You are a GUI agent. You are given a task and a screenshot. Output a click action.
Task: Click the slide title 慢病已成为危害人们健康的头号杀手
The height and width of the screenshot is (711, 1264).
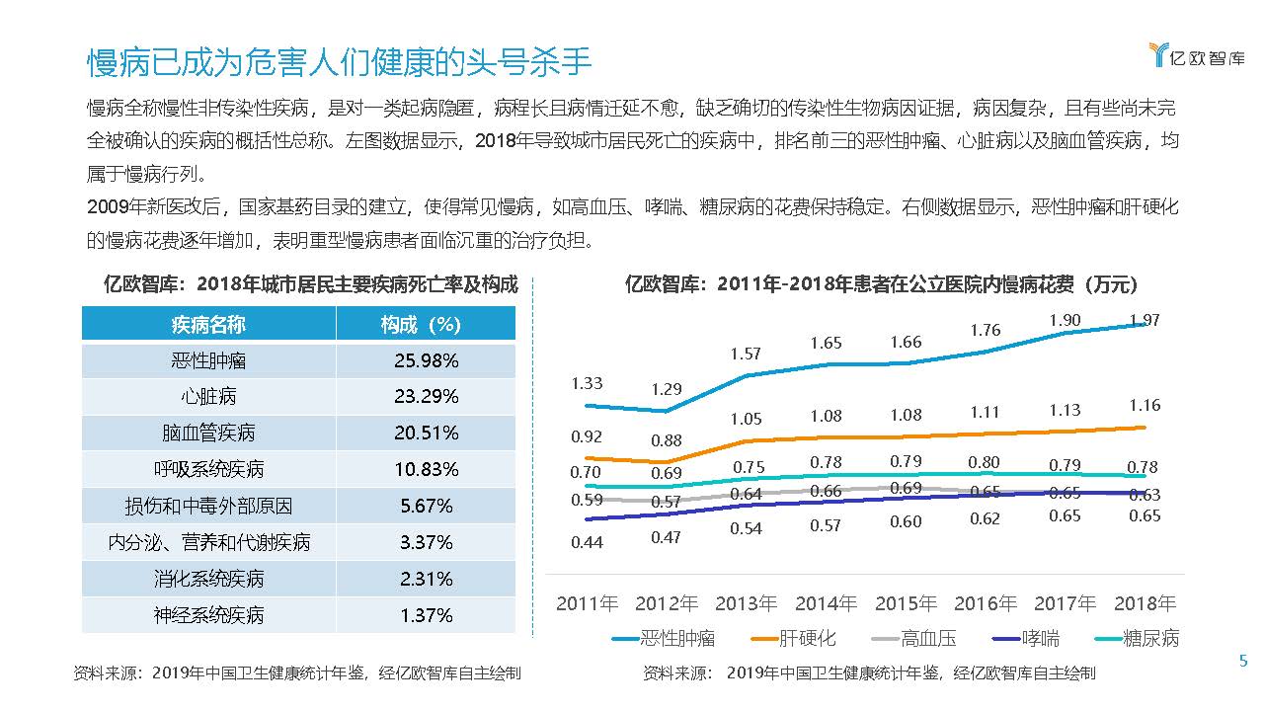(x=339, y=62)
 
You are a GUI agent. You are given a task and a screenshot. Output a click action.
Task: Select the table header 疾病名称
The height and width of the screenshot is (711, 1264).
(x=208, y=324)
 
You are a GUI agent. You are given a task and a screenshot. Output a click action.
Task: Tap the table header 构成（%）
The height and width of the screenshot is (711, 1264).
(x=426, y=324)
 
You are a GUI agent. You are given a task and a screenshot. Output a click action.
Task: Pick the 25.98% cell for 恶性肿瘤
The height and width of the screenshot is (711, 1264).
(x=426, y=360)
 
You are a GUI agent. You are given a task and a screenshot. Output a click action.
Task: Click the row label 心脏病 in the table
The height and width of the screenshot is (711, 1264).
(x=208, y=397)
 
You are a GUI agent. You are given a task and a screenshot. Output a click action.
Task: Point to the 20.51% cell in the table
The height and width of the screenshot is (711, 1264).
(x=426, y=434)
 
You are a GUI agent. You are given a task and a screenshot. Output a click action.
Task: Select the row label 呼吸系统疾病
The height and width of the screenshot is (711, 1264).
(x=208, y=469)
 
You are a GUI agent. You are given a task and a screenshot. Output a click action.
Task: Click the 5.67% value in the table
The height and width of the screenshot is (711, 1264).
(x=426, y=506)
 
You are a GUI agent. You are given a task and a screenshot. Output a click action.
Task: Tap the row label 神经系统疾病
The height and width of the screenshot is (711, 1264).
(x=208, y=615)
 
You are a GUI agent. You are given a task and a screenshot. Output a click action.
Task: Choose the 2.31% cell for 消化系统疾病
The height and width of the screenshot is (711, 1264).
(x=426, y=579)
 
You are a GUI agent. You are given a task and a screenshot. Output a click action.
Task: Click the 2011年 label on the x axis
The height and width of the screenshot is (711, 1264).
(x=587, y=603)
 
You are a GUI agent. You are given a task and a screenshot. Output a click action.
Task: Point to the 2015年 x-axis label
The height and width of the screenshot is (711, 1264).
(x=906, y=603)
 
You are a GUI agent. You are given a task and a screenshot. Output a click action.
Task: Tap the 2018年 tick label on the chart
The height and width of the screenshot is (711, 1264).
(x=1145, y=603)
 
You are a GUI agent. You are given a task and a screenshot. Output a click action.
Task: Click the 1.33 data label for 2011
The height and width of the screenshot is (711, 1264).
(x=587, y=383)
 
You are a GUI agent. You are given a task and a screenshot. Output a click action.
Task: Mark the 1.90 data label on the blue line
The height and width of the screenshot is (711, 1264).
(x=1065, y=320)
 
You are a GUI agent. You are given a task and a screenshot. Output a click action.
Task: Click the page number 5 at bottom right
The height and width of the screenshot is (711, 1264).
(x=1243, y=662)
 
